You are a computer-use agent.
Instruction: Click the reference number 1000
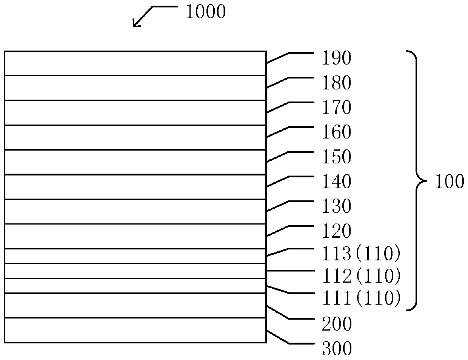pos(206,12)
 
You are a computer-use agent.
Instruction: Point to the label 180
pos(336,83)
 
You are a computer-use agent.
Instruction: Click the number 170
pos(336,108)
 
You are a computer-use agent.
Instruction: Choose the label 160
pos(336,132)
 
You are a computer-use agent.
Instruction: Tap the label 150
pos(336,157)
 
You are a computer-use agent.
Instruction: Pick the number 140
pos(336,182)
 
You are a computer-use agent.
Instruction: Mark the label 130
pos(336,206)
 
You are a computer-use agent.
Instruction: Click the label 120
pos(336,231)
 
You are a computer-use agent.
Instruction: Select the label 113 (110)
pos(360,255)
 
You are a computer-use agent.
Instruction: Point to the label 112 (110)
pos(360,277)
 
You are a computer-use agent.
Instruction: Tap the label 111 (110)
pos(360,299)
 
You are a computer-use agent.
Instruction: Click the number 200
pos(336,324)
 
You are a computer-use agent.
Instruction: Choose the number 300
pos(336,349)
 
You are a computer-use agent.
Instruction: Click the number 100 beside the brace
pos(449,182)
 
